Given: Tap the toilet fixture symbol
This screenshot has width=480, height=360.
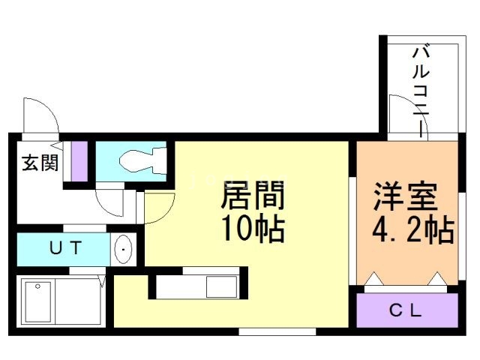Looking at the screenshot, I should pos(143,159).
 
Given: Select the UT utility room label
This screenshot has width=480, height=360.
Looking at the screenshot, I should pos(66,248).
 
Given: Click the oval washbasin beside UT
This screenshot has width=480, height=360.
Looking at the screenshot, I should pos(123,248).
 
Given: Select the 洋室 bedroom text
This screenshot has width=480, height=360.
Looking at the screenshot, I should pos(406,197).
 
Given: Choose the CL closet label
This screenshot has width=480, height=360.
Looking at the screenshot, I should pos(406,310).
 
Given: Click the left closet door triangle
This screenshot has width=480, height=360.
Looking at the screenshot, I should pos(374,280).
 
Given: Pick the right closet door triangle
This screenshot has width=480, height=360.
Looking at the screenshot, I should pos(437,280).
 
